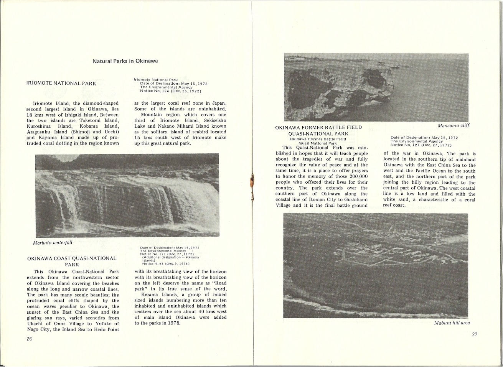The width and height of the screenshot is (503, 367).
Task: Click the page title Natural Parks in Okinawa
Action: [x=125, y=61]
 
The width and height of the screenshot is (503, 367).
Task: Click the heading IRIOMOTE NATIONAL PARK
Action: [x=61, y=83]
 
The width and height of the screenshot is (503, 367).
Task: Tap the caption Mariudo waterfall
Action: [x=53, y=242]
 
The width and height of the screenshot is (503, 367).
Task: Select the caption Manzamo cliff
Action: [x=454, y=125]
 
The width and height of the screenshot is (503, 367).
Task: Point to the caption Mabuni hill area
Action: [x=452, y=323]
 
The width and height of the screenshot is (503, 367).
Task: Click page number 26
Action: [x=29, y=339]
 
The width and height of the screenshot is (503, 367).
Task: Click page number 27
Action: [x=475, y=334]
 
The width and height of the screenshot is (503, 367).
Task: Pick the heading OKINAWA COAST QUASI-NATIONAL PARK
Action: [x=72, y=262]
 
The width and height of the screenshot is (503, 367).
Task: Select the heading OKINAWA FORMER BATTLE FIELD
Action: [x=318, y=128]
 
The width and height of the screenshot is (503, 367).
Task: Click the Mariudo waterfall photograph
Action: [x=127, y=195]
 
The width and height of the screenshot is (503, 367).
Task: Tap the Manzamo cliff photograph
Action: [x=376, y=87]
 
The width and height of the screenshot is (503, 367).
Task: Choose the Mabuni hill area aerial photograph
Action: [x=376, y=266]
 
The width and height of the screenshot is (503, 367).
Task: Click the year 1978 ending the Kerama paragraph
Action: [x=174, y=323]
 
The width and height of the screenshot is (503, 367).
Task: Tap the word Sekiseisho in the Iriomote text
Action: [x=214, y=120]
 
